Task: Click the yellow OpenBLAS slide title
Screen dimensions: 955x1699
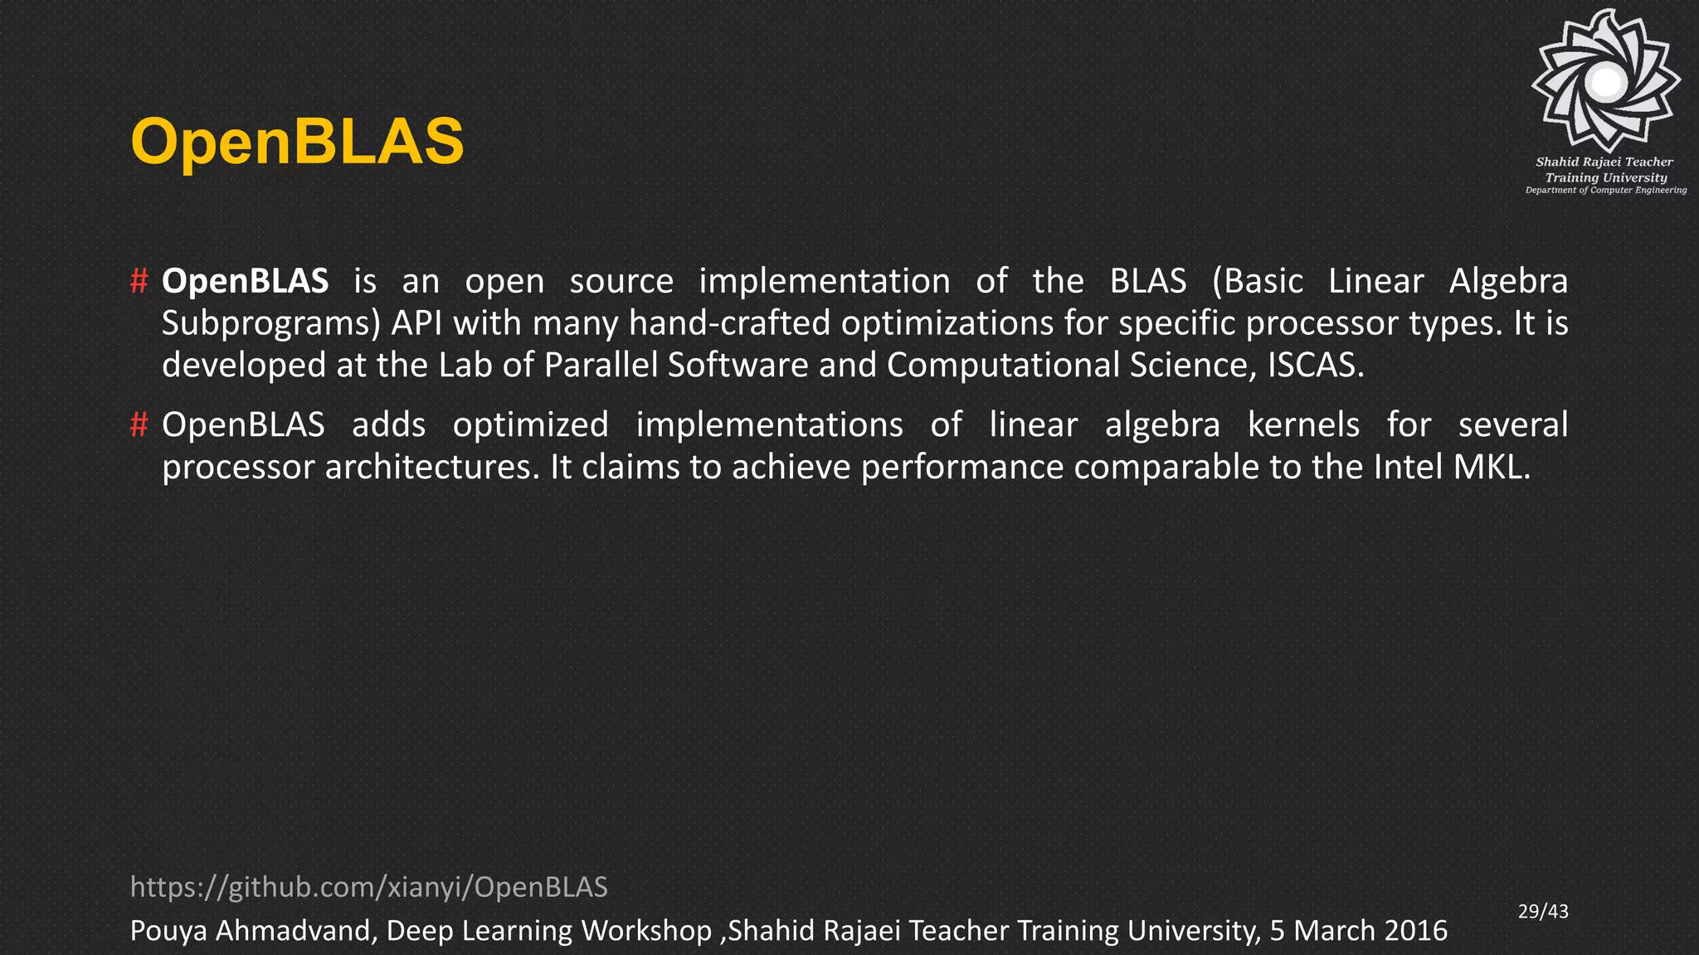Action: click(x=297, y=142)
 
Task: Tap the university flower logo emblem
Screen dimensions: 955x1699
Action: click(x=1606, y=81)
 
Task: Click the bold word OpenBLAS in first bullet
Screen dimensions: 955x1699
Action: click(x=245, y=281)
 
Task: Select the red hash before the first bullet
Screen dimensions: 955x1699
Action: click(x=139, y=281)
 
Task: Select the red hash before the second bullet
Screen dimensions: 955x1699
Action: click(x=139, y=424)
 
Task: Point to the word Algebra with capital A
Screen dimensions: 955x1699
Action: click(x=1507, y=281)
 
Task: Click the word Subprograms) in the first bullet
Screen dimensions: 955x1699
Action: click(x=270, y=323)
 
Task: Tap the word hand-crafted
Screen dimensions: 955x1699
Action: click(x=729, y=323)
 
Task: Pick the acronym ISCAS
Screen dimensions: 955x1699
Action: click(x=1314, y=365)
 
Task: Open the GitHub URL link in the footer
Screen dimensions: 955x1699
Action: click(x=369, y=887)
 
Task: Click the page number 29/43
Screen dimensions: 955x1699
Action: click(x=1543, y=911)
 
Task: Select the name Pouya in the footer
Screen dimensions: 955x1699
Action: click(x=168, y=931)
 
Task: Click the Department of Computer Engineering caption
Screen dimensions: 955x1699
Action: click(x=1605, y=191)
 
